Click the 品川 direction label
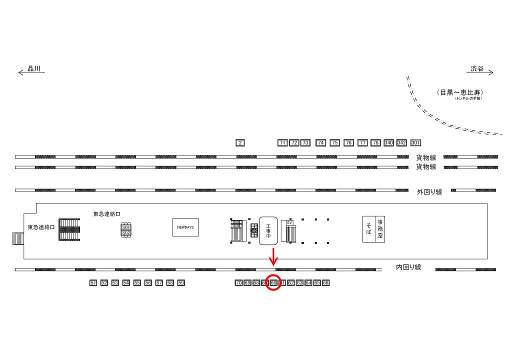[x=33, y=69]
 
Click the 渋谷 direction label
[x=477, y=69]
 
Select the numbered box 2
[x=240, y=143]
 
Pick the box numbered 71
[x=282, y=143]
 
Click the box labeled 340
[x=388, y=143]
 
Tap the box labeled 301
[x=415, y=143]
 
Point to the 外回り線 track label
[x=429, y=192]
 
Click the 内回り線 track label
[x=408, y=267]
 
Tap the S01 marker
[x=126, y=227]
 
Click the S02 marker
[x=126, y=232]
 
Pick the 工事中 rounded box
[x=268, y=230]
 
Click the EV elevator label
[x=289, y=223]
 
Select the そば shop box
[x=368, y=229]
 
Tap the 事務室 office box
[x=380, y=229]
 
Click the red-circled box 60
[x=273, y=283]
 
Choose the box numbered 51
[x=93, y=283]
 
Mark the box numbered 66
[x=325, y=283]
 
